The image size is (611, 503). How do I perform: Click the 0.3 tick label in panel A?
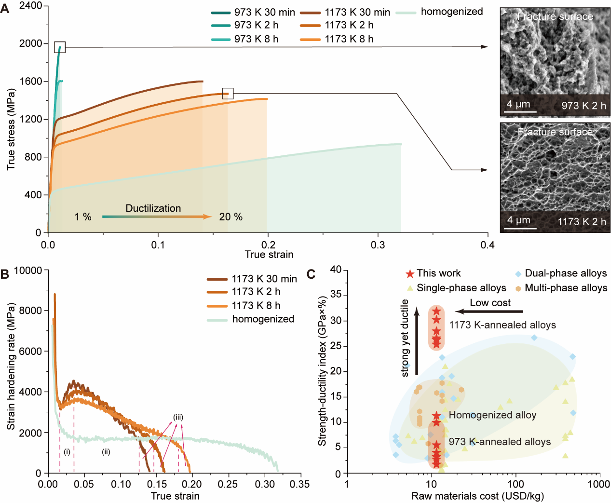(378, 245)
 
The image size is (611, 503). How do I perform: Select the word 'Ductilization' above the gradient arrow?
(153, 208)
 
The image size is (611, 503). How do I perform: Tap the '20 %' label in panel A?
(231, 217)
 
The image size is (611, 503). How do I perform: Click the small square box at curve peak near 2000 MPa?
(60, 47)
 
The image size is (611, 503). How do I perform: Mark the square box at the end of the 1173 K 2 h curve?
(228, 94)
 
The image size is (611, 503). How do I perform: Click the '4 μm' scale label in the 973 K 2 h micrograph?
(518, 104)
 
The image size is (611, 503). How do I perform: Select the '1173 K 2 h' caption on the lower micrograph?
(582, 222)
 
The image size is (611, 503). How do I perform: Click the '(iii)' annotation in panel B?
(178, 417)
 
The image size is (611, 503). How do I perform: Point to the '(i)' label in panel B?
(67, 452)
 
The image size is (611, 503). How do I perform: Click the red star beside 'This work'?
(410, 274)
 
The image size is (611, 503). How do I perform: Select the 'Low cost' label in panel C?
(490, 303)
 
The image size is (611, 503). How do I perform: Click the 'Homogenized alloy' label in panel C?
(492, 415)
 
